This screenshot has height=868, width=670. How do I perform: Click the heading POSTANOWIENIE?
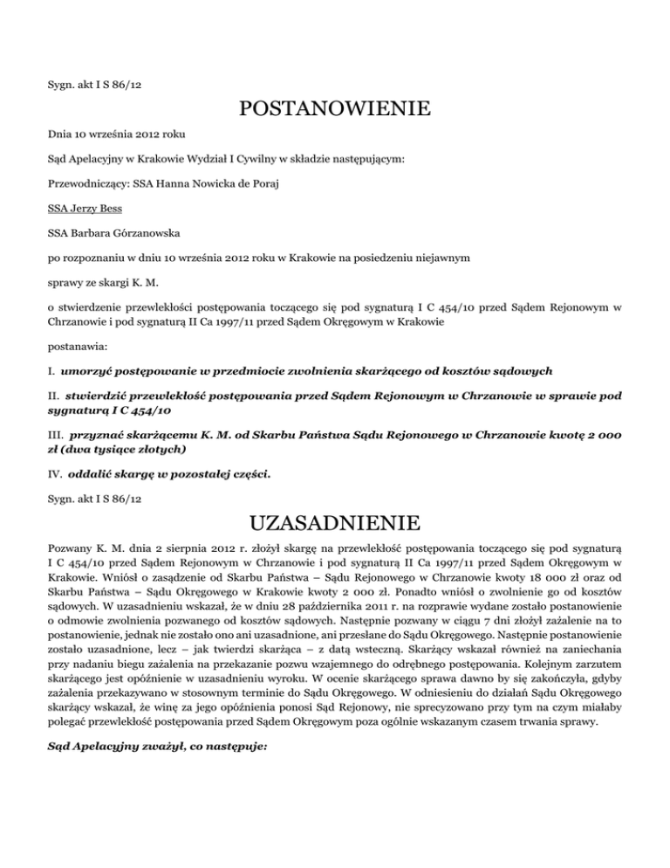[x=335, y=109]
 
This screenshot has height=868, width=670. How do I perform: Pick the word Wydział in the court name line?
[x=212, y=160]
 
